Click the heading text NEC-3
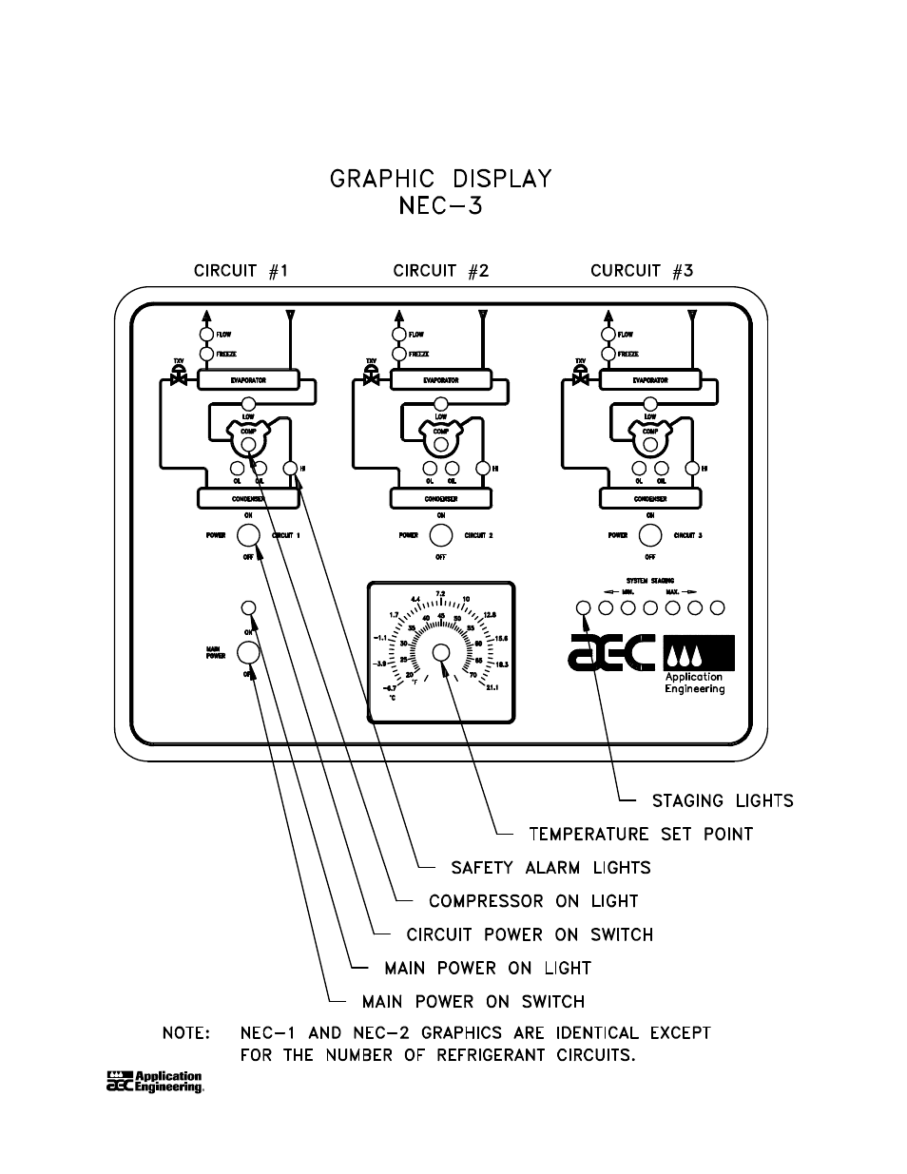440,206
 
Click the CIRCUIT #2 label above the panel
440,271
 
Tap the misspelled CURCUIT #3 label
642,271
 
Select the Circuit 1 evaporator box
248,380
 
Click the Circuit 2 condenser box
441,498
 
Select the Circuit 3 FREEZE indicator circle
608,355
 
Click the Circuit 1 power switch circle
248,535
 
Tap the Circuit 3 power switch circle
650,535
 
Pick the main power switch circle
248,652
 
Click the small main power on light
248,607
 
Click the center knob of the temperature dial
441,652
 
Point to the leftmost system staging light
584,607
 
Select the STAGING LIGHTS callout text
723,800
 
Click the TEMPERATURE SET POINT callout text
641,834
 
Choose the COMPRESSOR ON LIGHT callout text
533,901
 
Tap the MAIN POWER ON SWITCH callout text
473,1002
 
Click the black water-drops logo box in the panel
699,653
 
